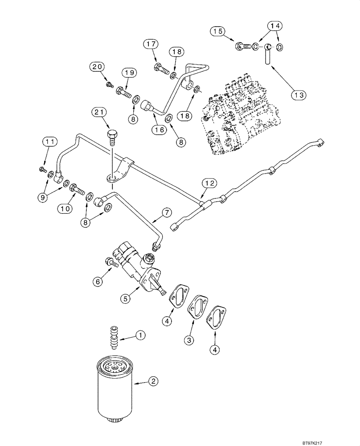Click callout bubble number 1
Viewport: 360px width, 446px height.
[x=141, y=334]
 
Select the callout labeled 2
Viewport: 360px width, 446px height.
[x=153, y=381]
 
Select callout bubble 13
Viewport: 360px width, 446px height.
[x=298, y=95]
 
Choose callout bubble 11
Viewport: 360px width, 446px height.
[x=50, y=143]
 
